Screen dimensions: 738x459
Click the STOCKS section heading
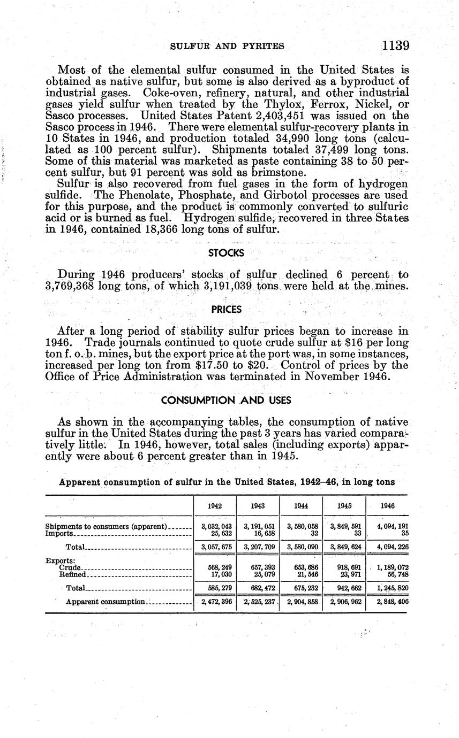point(226,253)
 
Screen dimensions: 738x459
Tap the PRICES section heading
point(226,310)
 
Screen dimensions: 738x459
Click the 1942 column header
point(215,505)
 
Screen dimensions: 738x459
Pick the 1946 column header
point(387,505)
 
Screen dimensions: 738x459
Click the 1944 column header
point(302,505)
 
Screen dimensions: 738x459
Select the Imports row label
point(59,534)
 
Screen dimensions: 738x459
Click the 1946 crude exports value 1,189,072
point(388,567)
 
